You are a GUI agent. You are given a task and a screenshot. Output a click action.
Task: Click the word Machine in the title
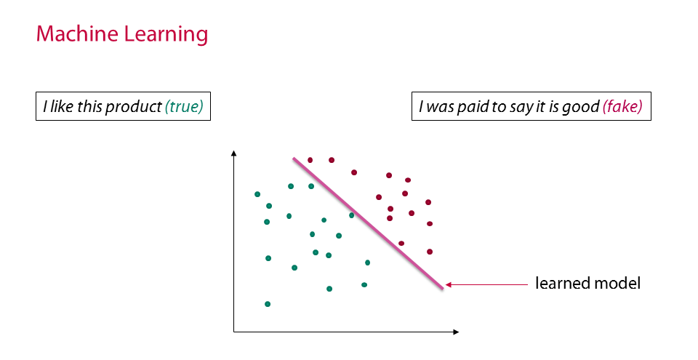coord(77,34)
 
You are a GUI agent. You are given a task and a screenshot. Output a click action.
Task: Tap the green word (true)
coord(184,107)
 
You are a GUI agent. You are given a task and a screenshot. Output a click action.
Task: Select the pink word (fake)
coord(622,107)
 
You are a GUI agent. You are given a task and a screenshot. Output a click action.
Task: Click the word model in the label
coord(618,283)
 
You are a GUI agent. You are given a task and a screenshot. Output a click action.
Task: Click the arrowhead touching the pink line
coord(449,284)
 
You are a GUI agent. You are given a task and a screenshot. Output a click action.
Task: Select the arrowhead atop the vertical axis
coord(233,153)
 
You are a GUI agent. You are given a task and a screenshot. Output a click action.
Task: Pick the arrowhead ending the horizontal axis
coord(456,332)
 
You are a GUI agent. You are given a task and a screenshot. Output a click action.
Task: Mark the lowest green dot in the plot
coord(268,304)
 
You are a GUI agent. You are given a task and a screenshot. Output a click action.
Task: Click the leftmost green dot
coord(257,194)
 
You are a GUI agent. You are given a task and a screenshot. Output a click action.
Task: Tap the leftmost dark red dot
coord(310,160)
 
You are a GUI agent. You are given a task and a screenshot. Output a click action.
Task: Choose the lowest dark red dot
coord(430,252)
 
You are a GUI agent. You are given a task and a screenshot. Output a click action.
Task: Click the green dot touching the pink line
coord(352,216)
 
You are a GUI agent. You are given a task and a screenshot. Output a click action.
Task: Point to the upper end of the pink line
coord(294,158)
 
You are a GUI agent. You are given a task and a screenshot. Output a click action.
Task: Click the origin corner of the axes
coord(234,332)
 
